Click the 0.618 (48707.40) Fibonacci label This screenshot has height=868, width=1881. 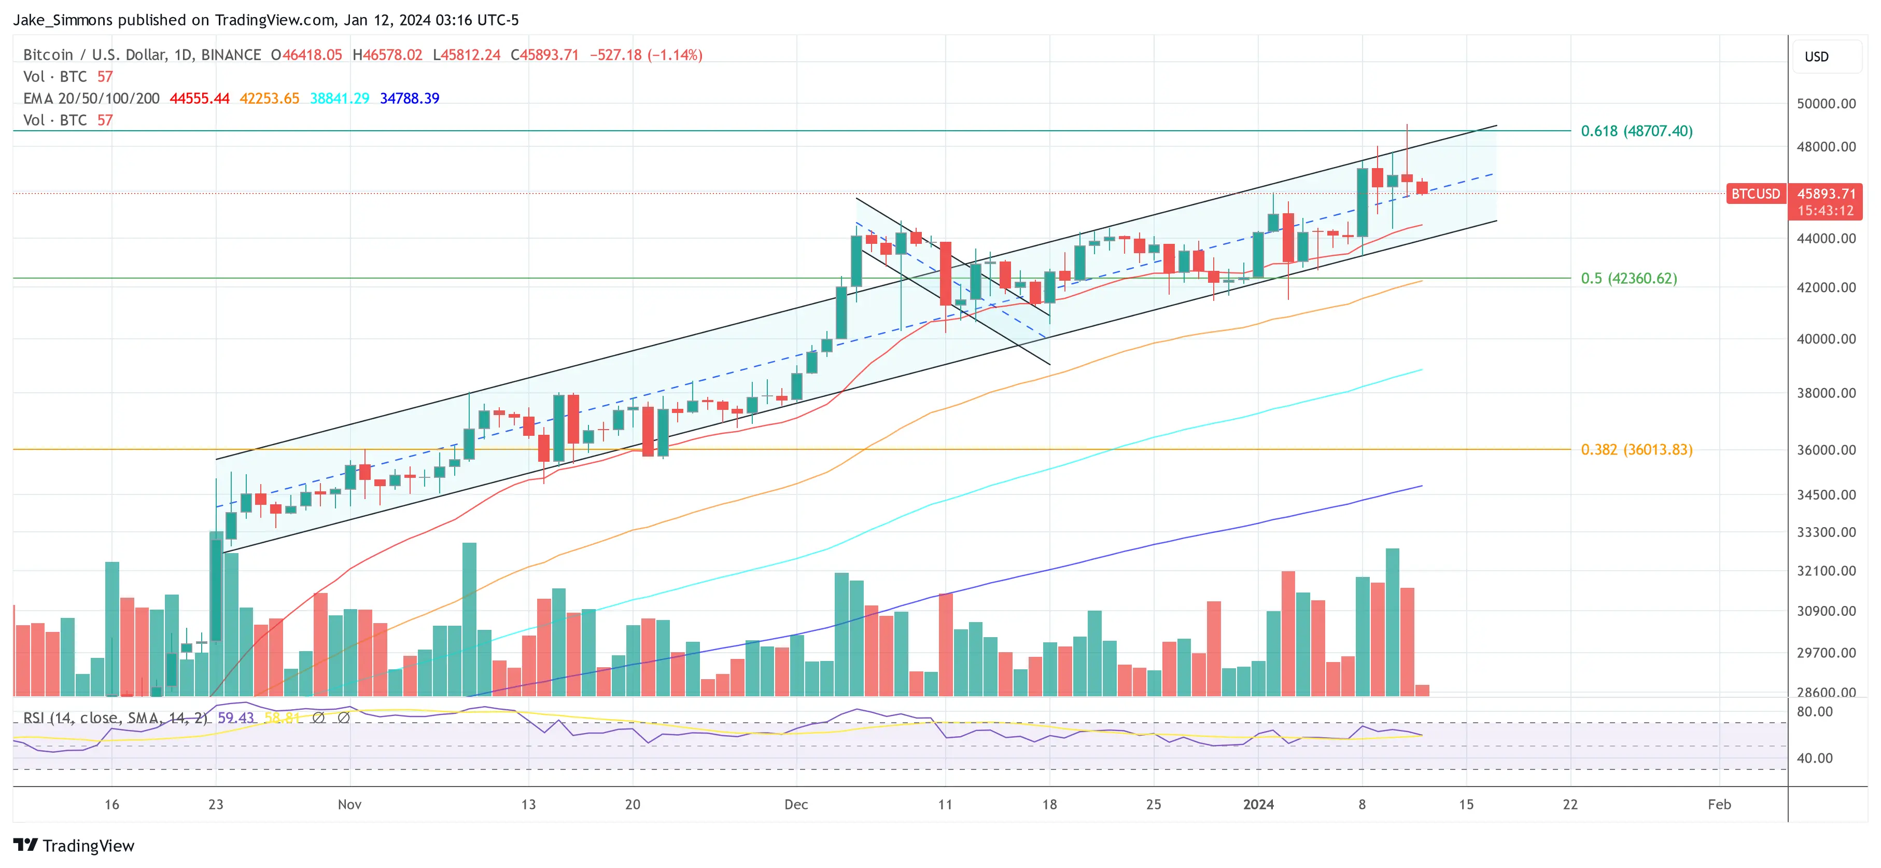(1636, 131)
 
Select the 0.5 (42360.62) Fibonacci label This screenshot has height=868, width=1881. (1629, 279)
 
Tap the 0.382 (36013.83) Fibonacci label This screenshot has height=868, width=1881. (1636, 449)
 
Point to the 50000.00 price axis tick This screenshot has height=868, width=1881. (1826, 104)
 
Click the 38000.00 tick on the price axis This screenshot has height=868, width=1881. (1826, 393)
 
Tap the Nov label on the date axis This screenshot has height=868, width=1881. (349, 804)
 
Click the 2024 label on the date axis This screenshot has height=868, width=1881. (1258, 804)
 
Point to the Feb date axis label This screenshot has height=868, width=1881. (1719, 804)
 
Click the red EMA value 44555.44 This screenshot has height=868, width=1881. (199, 99)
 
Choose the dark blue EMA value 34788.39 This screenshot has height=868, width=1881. (409, 99)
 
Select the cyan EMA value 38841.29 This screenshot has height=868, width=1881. (340, 99)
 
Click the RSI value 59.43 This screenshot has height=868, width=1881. (235, 718)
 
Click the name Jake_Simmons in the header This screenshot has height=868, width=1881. (63, 20)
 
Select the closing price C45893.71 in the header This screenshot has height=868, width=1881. (545, 55)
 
